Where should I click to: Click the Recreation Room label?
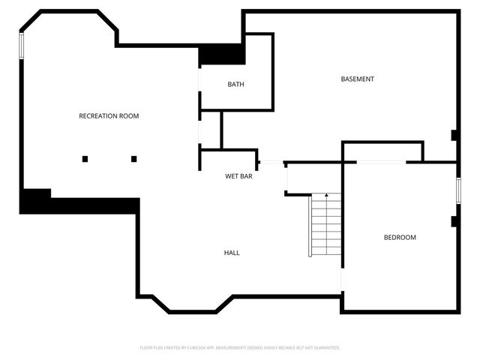point(109,116)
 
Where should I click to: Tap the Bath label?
point(235,85)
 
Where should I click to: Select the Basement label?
point(357,79)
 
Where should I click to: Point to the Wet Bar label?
point(238,177)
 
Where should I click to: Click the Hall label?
point(232,253)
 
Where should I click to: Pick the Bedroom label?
point(400,238)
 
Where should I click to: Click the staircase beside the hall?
point(326,224)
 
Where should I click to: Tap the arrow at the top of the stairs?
point(326,196)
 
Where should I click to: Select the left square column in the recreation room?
point(85,158)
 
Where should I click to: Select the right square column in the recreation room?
point(134,158)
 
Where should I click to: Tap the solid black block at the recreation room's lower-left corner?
point(35,202)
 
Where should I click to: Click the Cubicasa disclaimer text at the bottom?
point(240,348)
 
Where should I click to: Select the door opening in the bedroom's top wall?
point(382,162)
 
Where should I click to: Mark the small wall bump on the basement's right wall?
point(454,135)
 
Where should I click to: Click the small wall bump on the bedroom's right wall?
point(454,221)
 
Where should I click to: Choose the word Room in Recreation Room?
point(128,116)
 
